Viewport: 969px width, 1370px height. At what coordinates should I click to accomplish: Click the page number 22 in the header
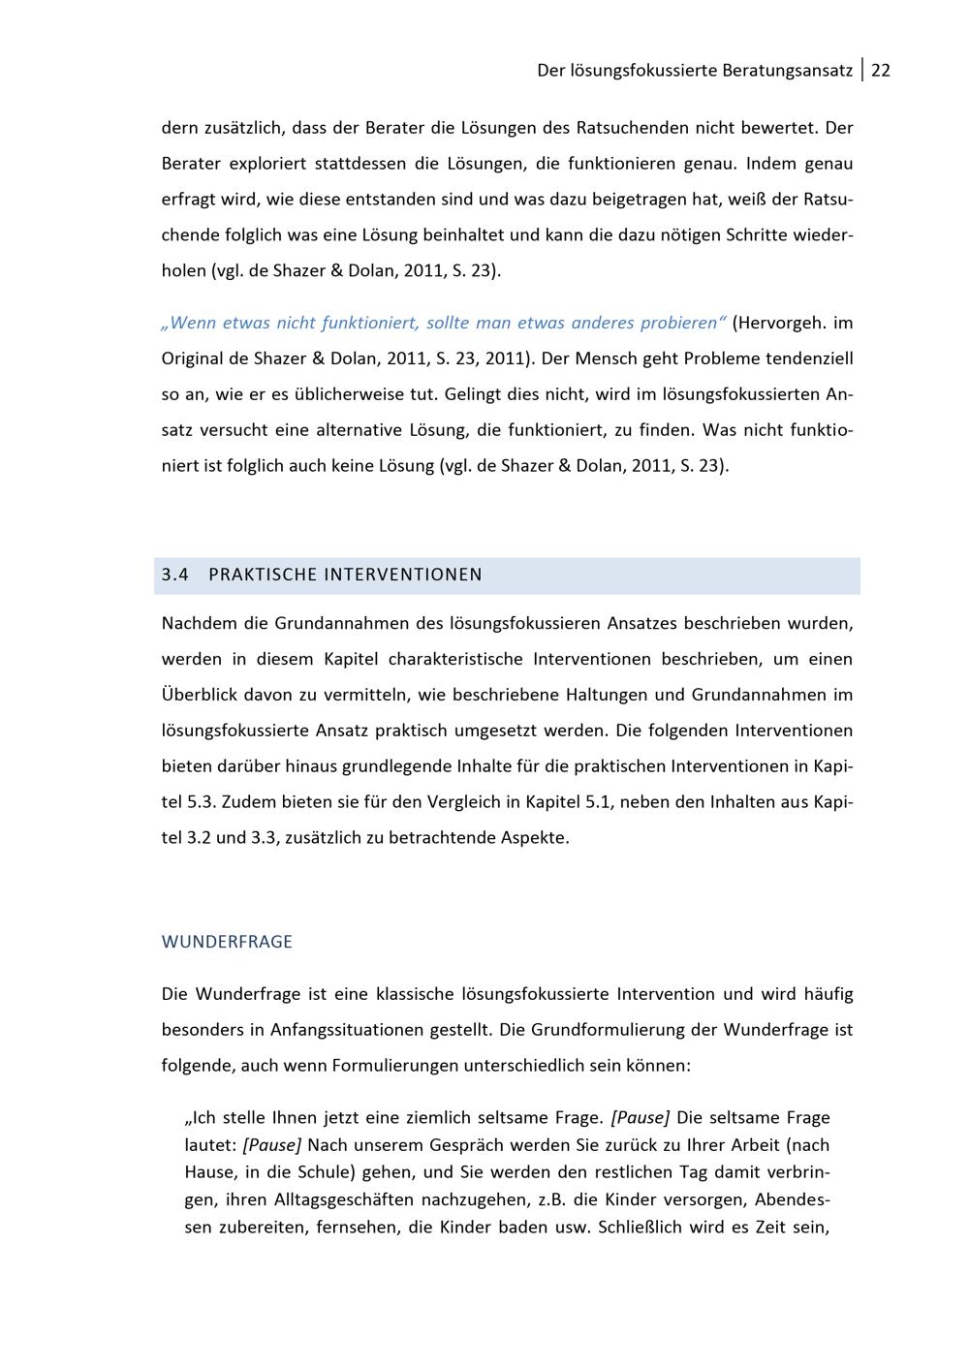tap(881, 71)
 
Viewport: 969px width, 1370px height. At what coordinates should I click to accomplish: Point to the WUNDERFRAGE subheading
tap(227, 942)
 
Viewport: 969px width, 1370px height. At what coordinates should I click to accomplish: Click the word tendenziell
tap(809, 358)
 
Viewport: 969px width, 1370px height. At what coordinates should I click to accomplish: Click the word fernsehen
tap(359, 1227)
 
